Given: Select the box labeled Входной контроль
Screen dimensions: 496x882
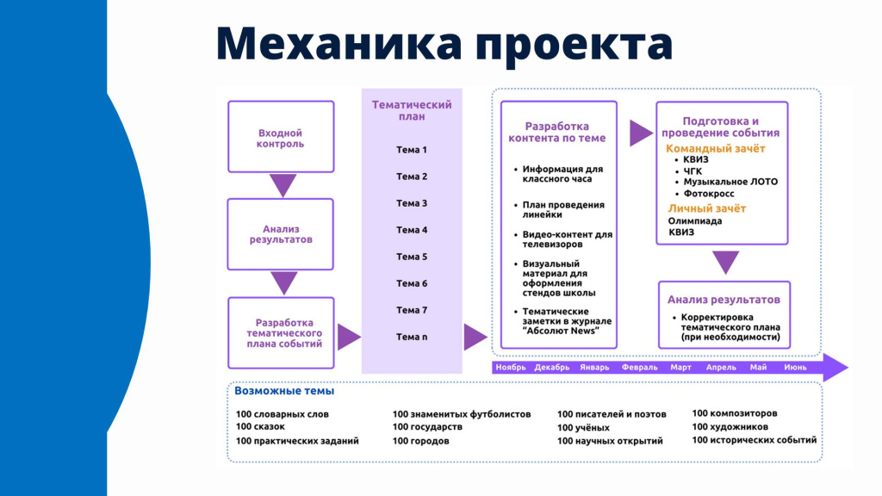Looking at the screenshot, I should (x=280, y=138).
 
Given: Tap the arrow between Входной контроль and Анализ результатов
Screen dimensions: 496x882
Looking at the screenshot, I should (x=283, y=184).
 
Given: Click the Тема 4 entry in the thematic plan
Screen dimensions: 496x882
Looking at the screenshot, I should (x=412, y=230).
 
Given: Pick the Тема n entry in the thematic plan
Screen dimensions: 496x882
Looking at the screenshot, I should (x=412, y=337).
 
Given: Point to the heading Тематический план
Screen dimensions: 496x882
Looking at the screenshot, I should (x=412, y=110).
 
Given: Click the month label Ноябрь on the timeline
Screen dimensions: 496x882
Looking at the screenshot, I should (x=510, y=367).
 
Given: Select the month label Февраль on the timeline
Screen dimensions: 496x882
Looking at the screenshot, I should (x=640, y=367).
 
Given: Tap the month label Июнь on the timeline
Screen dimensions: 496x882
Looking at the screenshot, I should (x=795, y=367).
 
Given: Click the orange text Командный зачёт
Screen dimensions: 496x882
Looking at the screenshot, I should (x=716, y=148).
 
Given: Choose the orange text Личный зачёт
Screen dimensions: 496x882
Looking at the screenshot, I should (x=707, y=208).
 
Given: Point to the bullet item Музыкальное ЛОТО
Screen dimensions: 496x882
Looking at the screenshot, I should (x=730, y=182).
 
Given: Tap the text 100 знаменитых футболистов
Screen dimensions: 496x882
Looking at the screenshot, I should (x=462, y=414).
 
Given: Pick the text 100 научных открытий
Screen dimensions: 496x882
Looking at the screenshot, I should (x=610, y=441).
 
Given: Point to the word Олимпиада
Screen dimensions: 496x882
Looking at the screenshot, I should (x=695, y=220).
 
